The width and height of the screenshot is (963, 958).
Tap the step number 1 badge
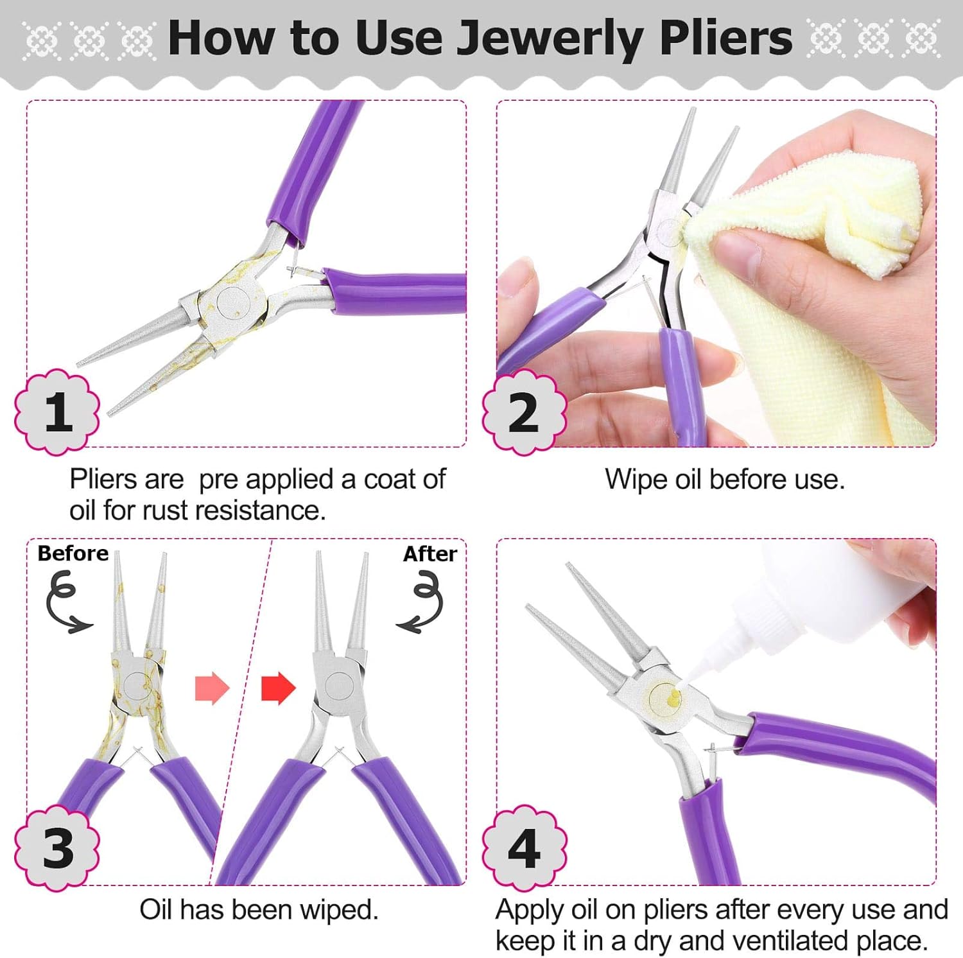coord(58,412)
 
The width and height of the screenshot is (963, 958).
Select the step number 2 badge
coord(524,412)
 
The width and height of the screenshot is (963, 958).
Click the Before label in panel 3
coord(73,553)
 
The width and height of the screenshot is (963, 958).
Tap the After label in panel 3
coord(429,553)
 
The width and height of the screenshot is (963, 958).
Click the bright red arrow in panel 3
coord(278,688)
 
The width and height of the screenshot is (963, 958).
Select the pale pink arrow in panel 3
coord(212,688)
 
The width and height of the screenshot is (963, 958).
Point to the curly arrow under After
coord(422,604)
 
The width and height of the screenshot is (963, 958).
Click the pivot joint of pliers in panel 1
coord(233,301)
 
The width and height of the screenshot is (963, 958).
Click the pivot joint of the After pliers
coord(338,685)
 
